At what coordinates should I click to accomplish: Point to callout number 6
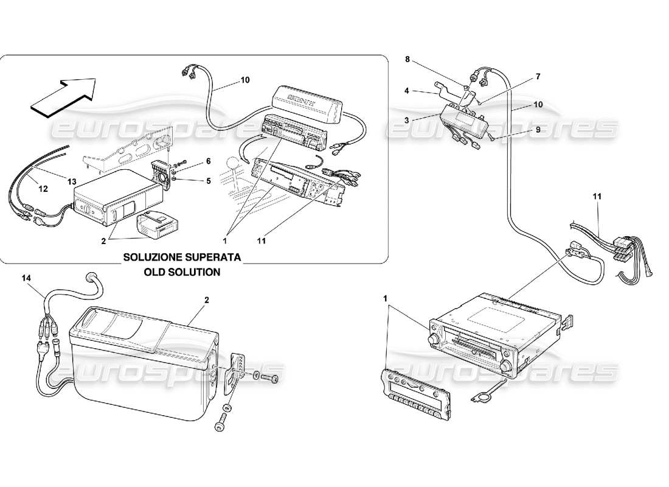point(207,161)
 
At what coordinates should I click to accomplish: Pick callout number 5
point(207,180)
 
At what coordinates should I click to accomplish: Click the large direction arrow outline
point(63,96)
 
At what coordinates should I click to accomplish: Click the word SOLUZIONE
point(153,258)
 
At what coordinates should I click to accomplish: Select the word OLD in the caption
point(154,272)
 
